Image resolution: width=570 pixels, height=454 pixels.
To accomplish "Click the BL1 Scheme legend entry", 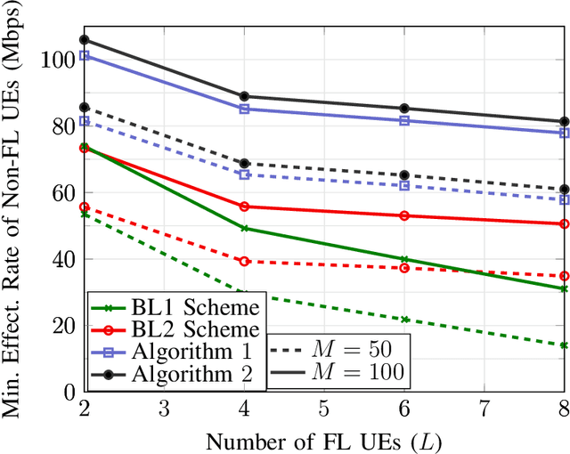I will point(188,308).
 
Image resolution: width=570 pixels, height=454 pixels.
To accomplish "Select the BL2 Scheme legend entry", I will point(188,330).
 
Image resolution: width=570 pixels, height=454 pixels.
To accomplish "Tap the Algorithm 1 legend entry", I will point(188,353).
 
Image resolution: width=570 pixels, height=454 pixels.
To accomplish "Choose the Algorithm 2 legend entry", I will point(188,375).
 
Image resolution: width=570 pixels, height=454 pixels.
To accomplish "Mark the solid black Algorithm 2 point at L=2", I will point(85,40).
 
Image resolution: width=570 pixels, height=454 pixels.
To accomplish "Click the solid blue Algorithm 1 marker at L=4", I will point(245,109).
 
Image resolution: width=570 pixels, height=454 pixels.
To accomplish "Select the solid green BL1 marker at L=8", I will point(565,288).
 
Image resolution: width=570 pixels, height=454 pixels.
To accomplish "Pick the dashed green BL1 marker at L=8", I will point(565,345).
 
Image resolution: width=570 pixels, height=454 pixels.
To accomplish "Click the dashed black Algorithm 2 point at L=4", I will point(245,164).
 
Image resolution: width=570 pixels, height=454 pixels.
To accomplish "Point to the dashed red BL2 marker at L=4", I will point(245,261).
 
